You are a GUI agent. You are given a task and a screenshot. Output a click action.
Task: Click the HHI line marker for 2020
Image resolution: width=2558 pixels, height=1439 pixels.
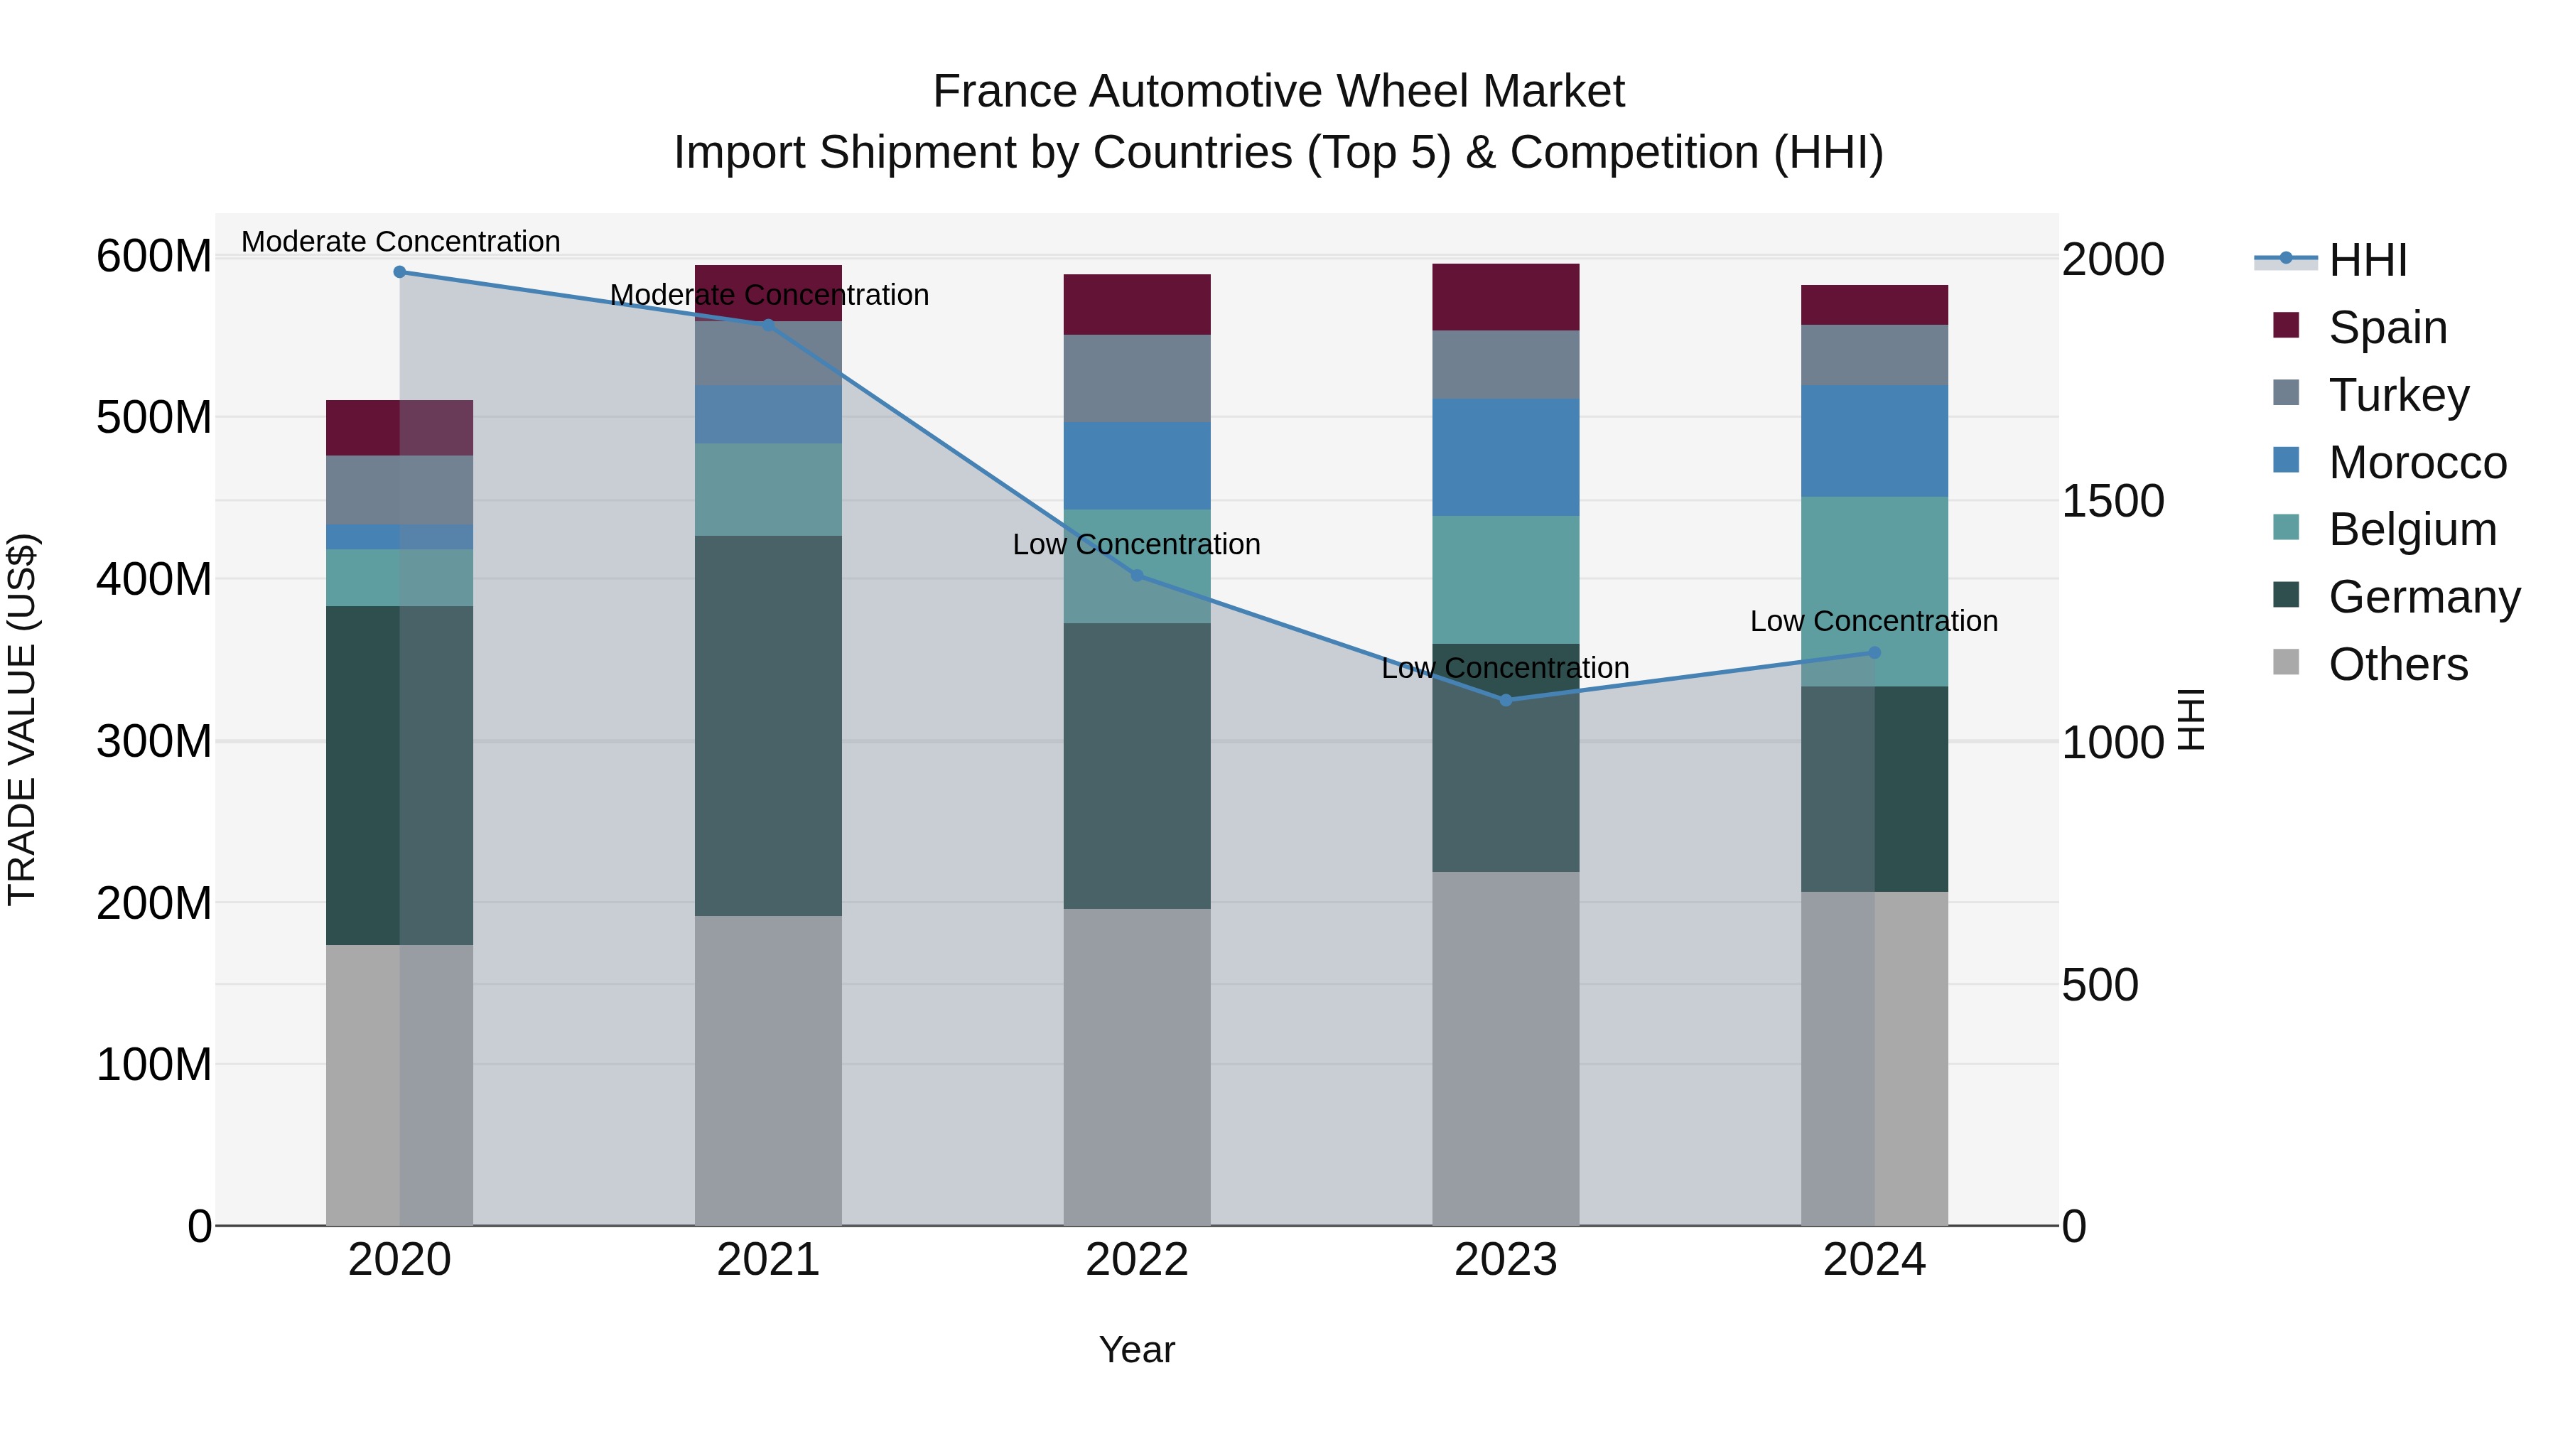click(x=399, y=271)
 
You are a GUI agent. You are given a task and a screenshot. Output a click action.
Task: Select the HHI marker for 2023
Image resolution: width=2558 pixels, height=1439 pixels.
click(x=1506, y=700)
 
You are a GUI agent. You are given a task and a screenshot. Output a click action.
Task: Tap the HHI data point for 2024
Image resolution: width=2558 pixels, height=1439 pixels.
click(x=1874, y=652)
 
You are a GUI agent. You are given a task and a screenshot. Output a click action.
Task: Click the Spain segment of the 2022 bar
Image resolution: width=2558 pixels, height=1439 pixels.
click(x=1137, y=304)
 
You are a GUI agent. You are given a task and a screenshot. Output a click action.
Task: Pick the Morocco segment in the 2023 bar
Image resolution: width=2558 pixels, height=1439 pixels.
click(x=1506, y=457)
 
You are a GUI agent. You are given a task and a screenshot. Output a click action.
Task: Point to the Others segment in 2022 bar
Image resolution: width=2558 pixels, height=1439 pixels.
click(x=1137, y=1067)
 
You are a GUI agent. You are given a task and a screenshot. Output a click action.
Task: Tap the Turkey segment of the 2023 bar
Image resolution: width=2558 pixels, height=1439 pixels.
click(x=1506, y=365)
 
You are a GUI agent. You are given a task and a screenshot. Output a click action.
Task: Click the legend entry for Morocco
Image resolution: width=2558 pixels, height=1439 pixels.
click(x=2417, y=463)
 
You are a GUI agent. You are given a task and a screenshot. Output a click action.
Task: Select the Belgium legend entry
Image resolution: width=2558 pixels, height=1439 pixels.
click(x=2412, y=529)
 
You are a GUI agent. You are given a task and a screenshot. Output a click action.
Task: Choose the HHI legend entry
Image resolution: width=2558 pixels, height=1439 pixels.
click(x=2368, y=260)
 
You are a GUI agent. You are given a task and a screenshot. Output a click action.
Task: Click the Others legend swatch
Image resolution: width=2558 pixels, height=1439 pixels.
click(x=2286, y=662)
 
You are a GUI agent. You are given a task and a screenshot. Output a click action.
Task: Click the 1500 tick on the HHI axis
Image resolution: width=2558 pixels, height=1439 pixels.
click(x=2112, y=502)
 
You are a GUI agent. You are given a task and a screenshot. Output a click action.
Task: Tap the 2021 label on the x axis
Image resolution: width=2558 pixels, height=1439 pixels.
click(x=767, y=1260)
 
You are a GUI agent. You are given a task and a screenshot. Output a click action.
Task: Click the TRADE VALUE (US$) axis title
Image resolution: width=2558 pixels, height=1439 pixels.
click(x=22, y=720)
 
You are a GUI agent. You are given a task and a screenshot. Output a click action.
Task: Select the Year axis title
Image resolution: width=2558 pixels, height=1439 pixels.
click(x=1137, y=1349)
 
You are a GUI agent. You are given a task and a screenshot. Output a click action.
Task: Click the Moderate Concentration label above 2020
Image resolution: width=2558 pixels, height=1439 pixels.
click(x=400, y=242)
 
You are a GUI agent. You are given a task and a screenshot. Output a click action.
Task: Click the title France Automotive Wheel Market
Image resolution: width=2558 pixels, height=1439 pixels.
click(x=1278, y=92)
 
